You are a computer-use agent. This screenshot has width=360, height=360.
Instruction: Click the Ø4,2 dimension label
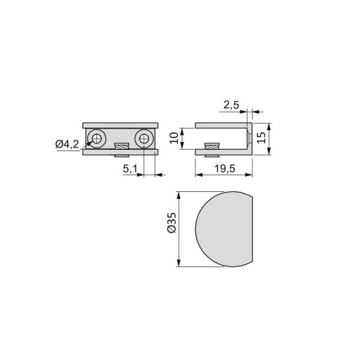pyautogui.click(x=67, y=144)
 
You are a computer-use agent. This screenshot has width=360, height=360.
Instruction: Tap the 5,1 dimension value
pyautogui.click(x=130, y=169)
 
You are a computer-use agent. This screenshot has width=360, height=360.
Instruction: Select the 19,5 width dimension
pyautogui.click(x=225, y=169)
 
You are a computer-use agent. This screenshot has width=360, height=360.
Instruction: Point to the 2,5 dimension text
pyautogui.click(x=231, y=105)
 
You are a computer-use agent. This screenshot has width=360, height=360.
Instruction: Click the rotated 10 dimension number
pyautogui.click(x=174, y=138)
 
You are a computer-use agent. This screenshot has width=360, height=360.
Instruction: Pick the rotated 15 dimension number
pyautogui.click(x=261, y=138)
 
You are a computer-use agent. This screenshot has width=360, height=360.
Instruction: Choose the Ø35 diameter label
pyautogui.click(x=172, y=223)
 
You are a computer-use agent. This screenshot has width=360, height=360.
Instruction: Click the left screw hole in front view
pyautogui.click(x=96, y=139)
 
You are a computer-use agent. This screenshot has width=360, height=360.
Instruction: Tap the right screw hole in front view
pyautogui.click(x=144, y=139)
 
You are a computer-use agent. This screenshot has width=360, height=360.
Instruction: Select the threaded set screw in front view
pyautogui.click(x=122, y=150)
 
